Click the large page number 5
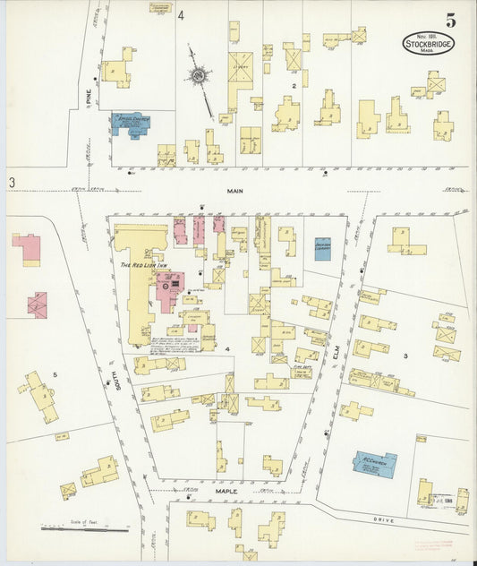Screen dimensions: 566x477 coord(448,19)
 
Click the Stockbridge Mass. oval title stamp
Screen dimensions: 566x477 coord(428,44)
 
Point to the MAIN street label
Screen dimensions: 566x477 coord(235,191)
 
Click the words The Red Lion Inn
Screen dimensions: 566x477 coord(139,265)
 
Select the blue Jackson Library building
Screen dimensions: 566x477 coord(322,248)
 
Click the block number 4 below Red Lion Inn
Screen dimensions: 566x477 coord(227,347)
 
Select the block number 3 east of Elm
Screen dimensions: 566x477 coord(405,356)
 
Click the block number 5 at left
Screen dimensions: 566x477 coord(55,374)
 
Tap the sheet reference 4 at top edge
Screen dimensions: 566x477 coord(180,15)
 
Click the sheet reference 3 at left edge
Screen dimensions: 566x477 coord(13,183)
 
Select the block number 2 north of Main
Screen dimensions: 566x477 coord(293,86)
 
